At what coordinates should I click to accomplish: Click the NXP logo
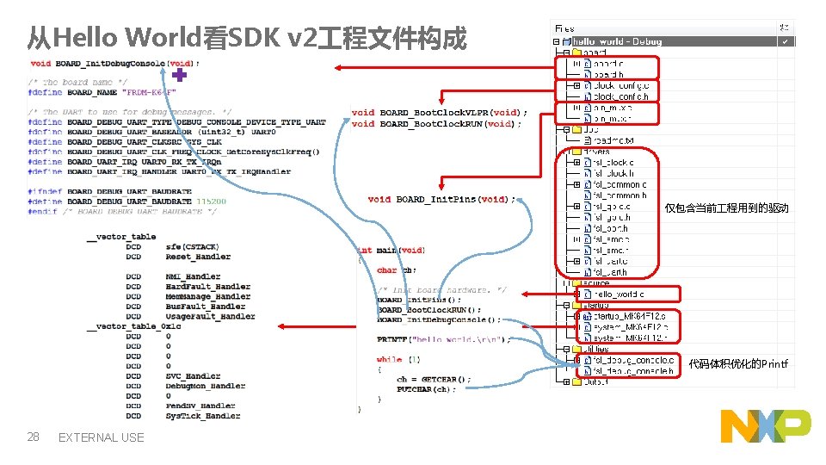coord(766,426)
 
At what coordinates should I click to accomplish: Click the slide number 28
coord(34,437)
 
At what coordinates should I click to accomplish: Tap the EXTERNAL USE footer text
coord(101,437)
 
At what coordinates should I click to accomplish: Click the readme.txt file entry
coord(613,139)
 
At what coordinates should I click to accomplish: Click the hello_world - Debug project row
coord(615,41)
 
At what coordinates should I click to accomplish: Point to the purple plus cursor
coord(179,77)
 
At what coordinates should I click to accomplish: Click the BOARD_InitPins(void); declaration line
coord(441,199)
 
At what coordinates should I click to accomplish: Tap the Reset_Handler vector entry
coord(198,257)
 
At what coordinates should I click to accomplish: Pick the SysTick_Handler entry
coord(202,416)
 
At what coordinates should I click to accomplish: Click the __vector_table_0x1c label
coord(133,326)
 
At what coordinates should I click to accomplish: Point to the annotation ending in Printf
coord(737,364)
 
